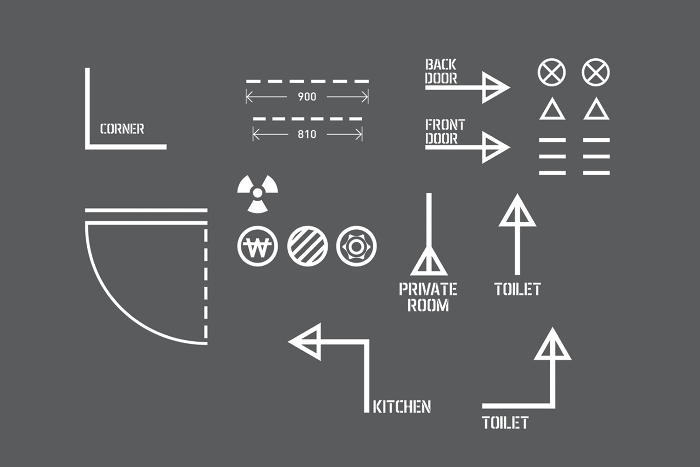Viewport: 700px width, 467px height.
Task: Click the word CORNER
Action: click(122, 129)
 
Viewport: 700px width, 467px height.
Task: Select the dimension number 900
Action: click(307, 97)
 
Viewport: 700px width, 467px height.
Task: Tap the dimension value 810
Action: click(307, 134)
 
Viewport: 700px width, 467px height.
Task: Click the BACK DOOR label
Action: click(441, 71)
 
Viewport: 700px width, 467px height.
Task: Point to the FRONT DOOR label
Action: click(445, 131)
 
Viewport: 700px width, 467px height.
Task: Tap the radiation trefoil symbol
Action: click(258, 194)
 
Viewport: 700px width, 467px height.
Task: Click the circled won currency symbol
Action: click(258, 246)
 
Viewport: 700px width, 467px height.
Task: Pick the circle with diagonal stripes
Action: click(308, 246)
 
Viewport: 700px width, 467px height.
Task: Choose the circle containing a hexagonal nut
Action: click(356, 246)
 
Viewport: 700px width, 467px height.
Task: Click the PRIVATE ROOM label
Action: click(428, 297)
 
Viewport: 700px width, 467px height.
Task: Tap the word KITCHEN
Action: click(402, 407)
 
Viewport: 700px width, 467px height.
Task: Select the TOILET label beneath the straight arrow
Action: click(518, 290)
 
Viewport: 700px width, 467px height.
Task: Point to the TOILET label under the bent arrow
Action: click(505, 423)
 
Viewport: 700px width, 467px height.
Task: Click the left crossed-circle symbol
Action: click(552, 72)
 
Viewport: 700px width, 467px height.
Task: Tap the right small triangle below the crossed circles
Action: click(596, 109)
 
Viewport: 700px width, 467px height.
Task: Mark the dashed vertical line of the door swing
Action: click(206, 284)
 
